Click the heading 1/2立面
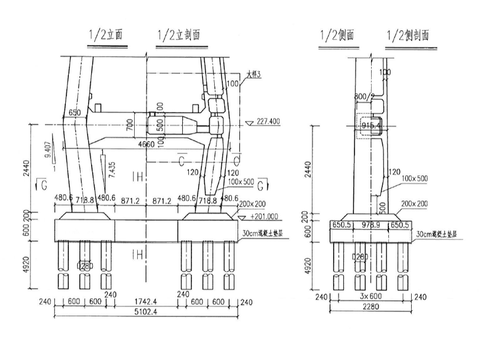pos(105,35)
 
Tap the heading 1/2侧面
pos(337,35)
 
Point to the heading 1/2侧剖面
pos(409,35)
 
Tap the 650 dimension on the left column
pos(74,113)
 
